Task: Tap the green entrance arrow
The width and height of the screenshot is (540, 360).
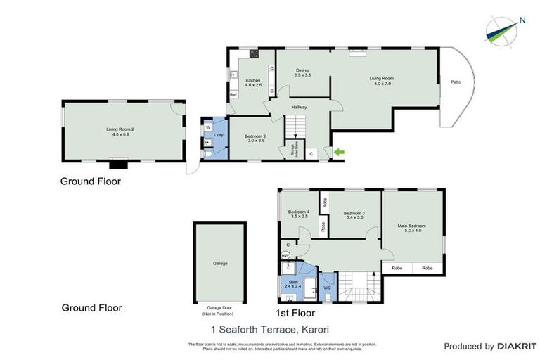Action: pos(340,152)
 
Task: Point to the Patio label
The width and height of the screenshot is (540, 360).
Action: pos(455,82)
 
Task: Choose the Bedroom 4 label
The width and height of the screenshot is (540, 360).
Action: pos(298,214)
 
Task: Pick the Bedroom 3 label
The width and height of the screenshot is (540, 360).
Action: pos(354,215)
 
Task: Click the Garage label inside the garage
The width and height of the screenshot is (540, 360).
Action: pos(220,263)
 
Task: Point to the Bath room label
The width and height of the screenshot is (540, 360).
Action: pos(293,284)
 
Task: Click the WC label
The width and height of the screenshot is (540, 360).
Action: pos(327,287)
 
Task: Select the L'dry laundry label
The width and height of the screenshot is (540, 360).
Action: pos(219,135)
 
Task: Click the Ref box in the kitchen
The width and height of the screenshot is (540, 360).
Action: pos(233,94)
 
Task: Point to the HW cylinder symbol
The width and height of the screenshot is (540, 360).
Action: pos(285,255)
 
